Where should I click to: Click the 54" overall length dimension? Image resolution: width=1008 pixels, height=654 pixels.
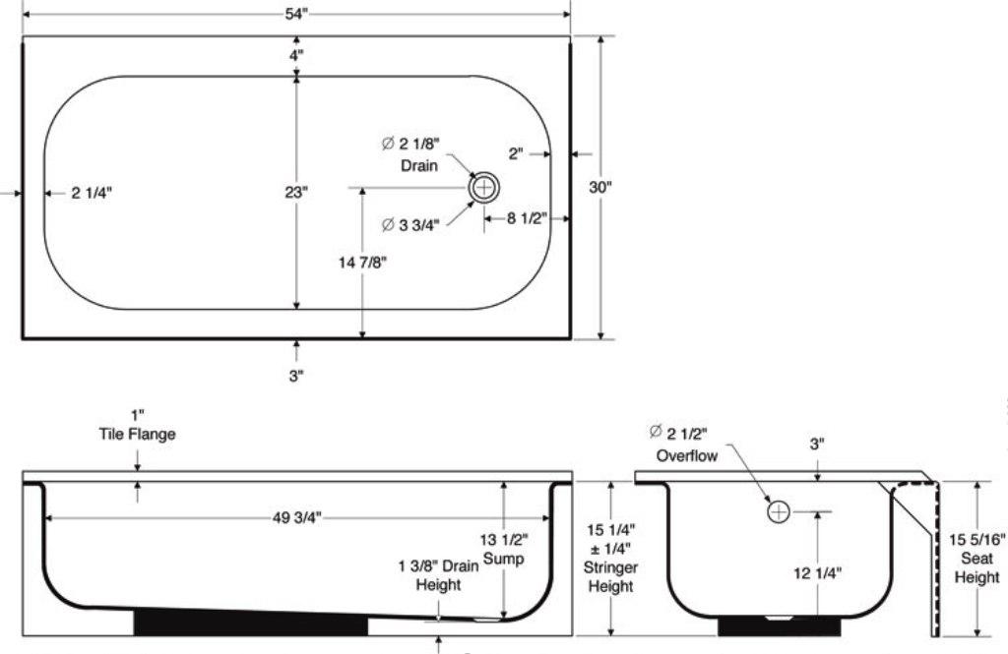pos(296,8)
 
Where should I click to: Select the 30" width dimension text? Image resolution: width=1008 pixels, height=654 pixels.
pos(600,188)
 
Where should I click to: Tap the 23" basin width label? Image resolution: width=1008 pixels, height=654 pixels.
pos(296,193)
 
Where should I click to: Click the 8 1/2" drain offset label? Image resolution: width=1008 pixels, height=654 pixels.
pos(527,218)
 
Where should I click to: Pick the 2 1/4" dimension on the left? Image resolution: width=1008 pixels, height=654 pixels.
pos(92,193)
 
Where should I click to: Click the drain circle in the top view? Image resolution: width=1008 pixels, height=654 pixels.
pos(484,187)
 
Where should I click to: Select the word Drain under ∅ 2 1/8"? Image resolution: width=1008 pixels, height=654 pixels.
pos(418,165)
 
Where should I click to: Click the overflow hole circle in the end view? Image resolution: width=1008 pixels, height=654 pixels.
pos(779,511)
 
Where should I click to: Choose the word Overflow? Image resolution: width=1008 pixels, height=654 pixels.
pos(688,455)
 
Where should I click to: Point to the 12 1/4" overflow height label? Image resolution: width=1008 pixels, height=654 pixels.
pos(817,571)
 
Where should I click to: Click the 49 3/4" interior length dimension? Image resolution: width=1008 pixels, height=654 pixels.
pos(296,517)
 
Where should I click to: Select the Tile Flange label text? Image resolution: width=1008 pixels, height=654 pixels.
pos(137,434)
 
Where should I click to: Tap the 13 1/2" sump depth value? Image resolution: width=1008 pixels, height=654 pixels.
pos(504,539)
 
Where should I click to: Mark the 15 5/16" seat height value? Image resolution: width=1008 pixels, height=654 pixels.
pos(976,539)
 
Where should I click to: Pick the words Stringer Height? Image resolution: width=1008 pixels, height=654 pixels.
pos(610,576)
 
